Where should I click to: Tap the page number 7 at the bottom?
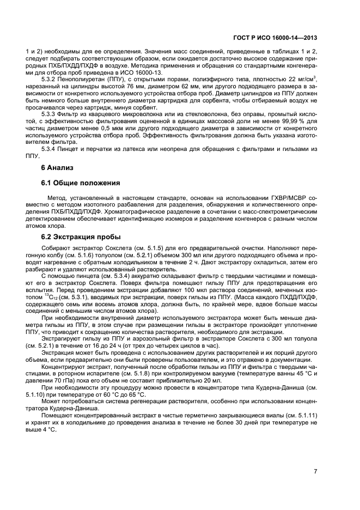coord(316,471)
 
